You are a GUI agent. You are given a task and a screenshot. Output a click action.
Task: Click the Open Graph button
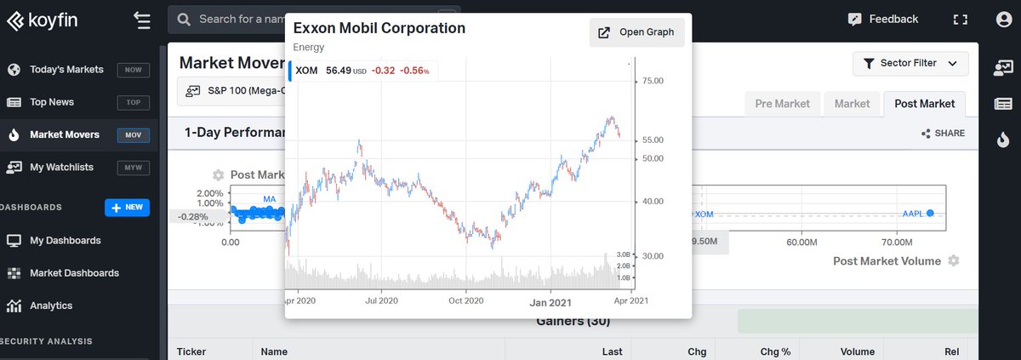636,32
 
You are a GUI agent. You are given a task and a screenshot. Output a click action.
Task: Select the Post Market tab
924,104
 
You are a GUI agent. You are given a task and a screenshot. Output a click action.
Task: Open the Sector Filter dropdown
910,63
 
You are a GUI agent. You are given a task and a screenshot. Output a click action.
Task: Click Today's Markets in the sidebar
66,70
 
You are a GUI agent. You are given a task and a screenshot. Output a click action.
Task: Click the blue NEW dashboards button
127,208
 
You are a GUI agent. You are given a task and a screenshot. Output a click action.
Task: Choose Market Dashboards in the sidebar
74,273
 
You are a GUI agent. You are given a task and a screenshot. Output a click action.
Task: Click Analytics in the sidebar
51,306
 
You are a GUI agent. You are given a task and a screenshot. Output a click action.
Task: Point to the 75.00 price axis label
652,81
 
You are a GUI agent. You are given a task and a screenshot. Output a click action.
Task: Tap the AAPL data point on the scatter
930,213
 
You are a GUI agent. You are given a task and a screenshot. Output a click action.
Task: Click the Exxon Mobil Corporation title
379,28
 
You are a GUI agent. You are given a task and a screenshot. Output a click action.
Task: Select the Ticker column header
191,351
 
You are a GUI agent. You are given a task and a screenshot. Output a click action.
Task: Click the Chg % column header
775,351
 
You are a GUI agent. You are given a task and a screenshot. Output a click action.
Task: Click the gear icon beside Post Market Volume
954,260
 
